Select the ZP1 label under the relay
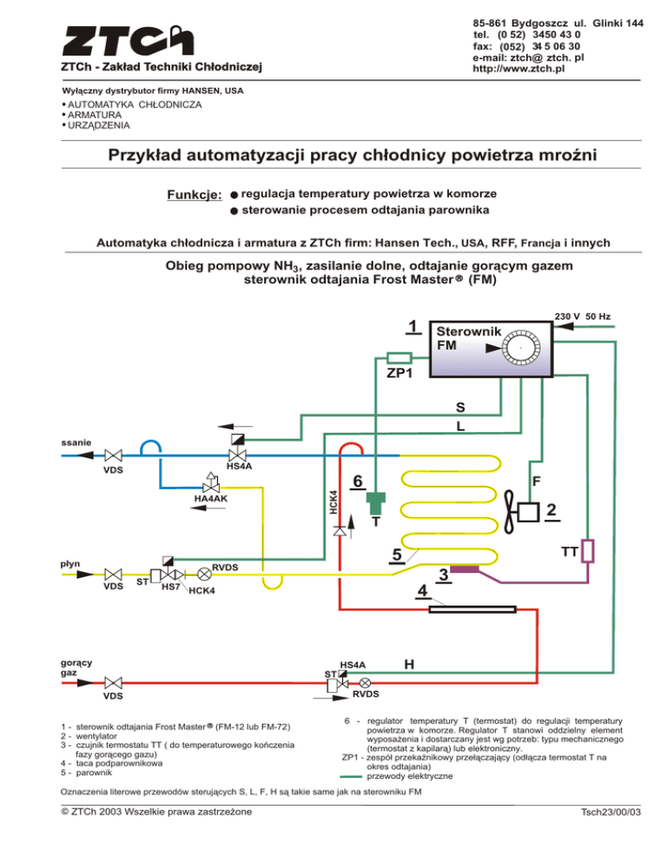point(400,373)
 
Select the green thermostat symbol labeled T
point(375,503)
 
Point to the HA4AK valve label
point(211,499)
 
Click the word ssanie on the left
point(76,442)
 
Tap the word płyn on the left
point(70,563)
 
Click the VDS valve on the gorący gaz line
point(112,682)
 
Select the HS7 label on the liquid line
point(171,588)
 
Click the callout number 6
point(356,482)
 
